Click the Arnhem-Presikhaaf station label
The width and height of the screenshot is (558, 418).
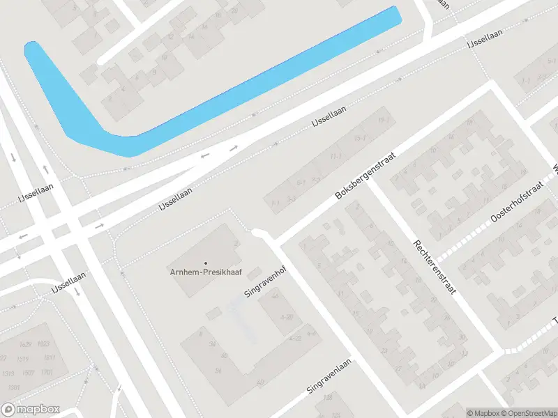click(206, 272)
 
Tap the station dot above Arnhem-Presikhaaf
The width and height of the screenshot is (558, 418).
click(206, 263)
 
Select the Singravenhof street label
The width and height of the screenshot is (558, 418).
click(262, 282)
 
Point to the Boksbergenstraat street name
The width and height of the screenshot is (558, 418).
click(365, 176)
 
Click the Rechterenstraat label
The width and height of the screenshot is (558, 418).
click(434, 267)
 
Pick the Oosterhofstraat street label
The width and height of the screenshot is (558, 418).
click(515, 207)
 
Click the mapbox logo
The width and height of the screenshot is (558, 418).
click(31, 410)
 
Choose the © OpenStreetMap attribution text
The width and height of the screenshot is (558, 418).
click(527, 413)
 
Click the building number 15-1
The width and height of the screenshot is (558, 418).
click(360, 139)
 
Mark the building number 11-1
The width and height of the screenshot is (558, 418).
click(336, 156)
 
